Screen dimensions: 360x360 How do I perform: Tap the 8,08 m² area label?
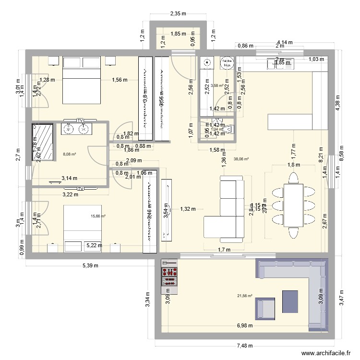coord(70,154)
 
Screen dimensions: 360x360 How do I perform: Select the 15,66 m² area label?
coord(98,216)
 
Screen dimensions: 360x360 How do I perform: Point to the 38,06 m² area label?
coord(241,159)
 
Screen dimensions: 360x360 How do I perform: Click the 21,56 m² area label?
coord(245,296)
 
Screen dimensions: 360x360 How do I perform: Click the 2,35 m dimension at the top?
coord(179,14)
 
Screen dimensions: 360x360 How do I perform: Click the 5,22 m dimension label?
coord(94,245)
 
